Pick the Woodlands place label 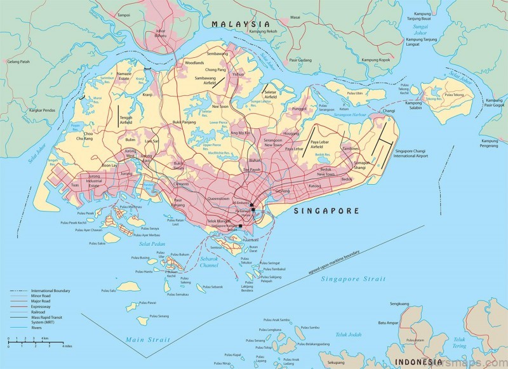tap(194, 64)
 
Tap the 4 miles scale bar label tap(67, 346)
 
